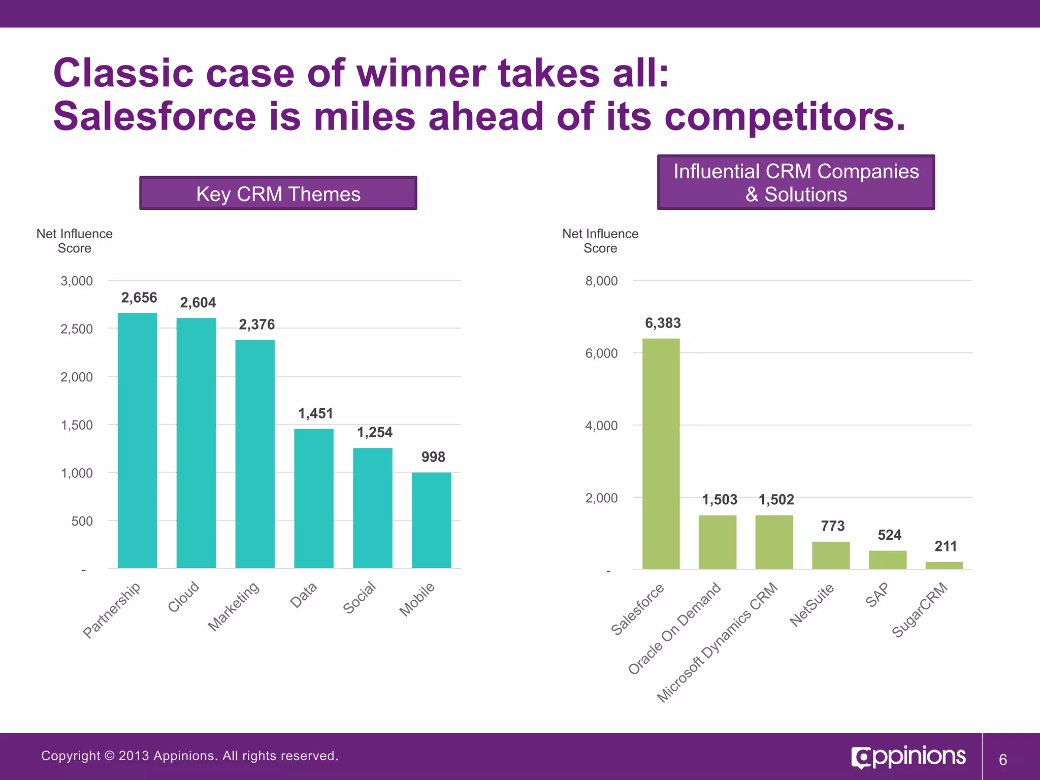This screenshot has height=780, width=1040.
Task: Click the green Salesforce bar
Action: [661, 453]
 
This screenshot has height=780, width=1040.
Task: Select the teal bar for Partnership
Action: [137, 440]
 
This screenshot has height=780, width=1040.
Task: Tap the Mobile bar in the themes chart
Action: [431, 520]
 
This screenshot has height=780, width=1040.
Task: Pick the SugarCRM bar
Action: [944, 565]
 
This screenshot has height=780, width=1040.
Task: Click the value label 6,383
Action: [663, 323]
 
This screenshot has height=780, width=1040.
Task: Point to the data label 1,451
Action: [315, 413]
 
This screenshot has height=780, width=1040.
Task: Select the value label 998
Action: [433, 457]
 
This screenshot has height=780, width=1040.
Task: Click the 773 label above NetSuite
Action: [833, 526]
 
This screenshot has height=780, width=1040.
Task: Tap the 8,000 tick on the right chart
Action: [601, 281]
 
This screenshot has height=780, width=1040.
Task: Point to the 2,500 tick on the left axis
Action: [77, 329]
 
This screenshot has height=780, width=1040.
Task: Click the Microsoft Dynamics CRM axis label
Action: [718, 642]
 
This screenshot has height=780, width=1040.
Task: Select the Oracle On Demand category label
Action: [674, 629]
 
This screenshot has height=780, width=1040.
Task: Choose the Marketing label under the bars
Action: [234, 606]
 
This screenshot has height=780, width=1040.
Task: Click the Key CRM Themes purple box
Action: [278, 193]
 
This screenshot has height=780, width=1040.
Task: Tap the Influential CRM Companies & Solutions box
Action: [796, 183]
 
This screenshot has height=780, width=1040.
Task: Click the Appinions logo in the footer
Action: [908, 757]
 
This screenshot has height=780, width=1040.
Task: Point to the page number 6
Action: [1002, 760]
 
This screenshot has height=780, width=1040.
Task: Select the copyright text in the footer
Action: [189, 756]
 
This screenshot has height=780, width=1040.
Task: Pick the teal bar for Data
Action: [314, 498]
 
